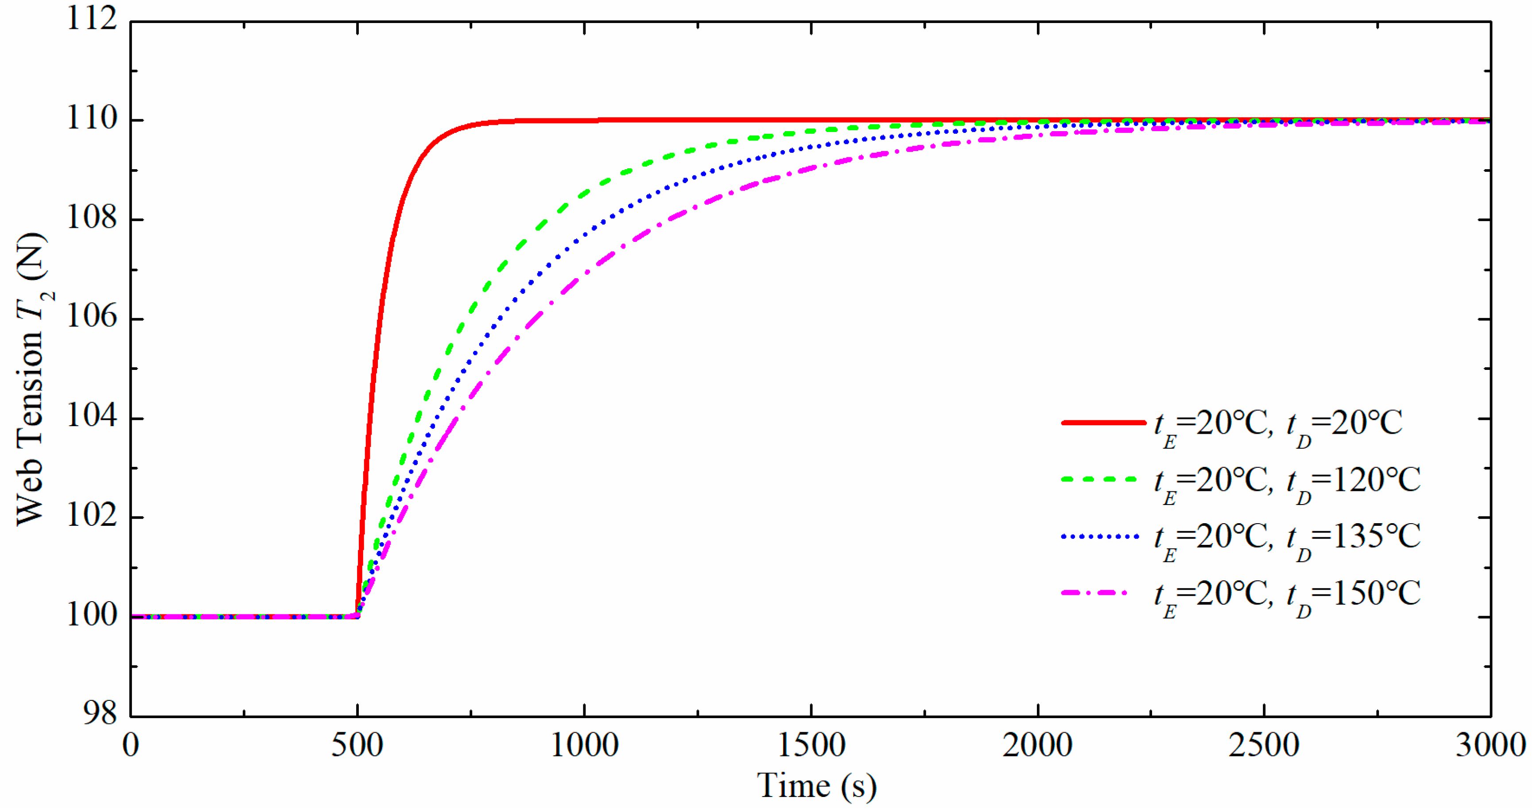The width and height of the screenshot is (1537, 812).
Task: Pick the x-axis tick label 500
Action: [357, 746]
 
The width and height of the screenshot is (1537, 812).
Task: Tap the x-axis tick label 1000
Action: [583, 746]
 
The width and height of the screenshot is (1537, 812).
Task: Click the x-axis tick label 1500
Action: [811, 746]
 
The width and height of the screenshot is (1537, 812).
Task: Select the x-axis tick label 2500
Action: [1264, 746]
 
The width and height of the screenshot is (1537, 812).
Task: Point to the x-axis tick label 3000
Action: [1490, 746]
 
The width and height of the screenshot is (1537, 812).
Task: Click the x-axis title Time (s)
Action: [816, 786]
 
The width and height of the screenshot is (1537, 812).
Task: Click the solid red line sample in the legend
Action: [1103, 423]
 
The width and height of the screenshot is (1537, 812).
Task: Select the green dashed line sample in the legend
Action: [1100, 479]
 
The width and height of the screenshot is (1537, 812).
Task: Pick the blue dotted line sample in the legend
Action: [1100, 536]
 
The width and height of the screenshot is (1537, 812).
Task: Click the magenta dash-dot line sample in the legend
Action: [1095, 593]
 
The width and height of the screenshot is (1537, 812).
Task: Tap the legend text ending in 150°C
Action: [1288, 595]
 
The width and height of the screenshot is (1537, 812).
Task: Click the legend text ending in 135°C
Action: [1288, 539]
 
